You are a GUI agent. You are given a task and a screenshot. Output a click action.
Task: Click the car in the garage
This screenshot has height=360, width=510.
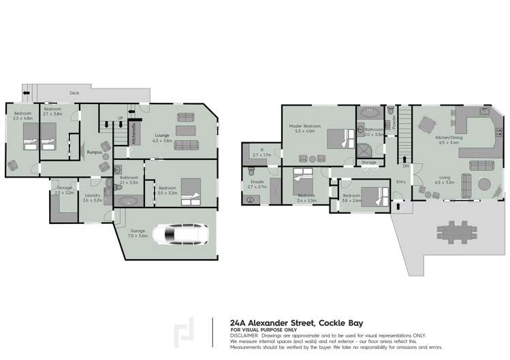178,235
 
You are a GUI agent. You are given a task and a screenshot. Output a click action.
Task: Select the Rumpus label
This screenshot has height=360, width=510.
95,152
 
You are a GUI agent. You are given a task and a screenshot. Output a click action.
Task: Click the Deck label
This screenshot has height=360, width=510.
75,93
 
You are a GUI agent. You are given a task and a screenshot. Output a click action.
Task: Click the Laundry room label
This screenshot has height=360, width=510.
92,195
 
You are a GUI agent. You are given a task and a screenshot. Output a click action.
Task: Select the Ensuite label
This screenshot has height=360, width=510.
257,182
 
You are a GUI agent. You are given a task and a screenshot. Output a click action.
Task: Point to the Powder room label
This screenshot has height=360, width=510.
394,122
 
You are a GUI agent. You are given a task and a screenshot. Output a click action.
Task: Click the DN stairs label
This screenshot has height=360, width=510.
405,165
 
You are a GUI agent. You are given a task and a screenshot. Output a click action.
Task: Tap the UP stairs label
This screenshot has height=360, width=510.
121,118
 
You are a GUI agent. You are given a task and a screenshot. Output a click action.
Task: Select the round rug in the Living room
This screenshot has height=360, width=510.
486,185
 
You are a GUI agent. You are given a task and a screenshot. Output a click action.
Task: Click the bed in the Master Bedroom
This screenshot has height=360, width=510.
336,139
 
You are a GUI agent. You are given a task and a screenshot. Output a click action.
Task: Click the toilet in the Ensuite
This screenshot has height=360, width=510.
249,199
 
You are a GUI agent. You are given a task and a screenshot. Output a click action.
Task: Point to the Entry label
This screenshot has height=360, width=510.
400,181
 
